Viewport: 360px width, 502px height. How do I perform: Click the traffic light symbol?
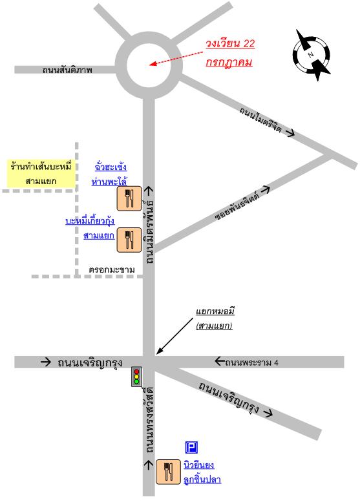tap(136, 377)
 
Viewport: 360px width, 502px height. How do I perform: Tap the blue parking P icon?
tap(191, 447)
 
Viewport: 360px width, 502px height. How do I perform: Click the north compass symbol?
tap(312, 54)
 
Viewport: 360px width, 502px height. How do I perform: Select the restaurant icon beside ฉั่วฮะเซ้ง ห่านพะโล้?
tap(129, 198)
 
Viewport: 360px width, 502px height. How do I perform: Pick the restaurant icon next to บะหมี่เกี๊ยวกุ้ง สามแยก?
tap(129, 240)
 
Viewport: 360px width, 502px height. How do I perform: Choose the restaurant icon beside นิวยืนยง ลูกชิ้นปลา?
tap(168, 472)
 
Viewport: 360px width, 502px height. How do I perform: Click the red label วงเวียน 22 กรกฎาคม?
tap(230, 53)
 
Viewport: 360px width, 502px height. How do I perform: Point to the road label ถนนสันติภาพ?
tap(67, 70)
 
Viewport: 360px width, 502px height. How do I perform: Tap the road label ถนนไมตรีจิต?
tap(260, 120)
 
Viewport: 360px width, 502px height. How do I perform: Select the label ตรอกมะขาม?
tap(112, 270)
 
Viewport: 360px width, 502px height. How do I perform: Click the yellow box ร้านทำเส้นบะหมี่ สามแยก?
tap(41, 173)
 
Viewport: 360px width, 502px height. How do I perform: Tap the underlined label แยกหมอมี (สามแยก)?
tap(215, 319)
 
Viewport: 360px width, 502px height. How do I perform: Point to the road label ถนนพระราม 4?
tap(252, 362)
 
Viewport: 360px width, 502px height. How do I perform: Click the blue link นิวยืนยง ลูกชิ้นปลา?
tap(202, 472)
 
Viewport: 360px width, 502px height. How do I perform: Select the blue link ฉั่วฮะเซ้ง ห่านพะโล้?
tap(109, 174)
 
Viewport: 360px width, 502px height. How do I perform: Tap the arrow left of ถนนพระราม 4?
tap(220, 361)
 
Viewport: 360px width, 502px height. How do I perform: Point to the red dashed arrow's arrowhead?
tap(153, 64)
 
